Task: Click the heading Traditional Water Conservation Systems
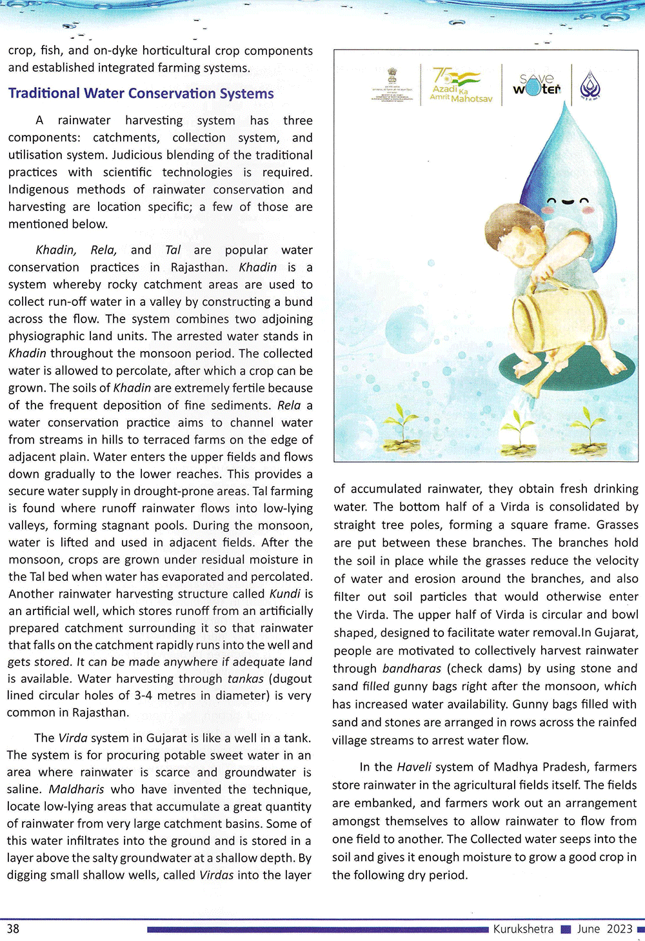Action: coord(141,94)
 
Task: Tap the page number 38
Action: coord(13,928)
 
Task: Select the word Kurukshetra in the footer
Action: coord(523,929)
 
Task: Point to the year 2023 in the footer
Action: coord(619,929)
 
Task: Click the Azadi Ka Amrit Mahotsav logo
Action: coord(460,85)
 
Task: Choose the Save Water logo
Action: coord(537,85)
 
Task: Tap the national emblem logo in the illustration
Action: coord(392,84)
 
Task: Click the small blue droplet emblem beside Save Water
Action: coord(590,85)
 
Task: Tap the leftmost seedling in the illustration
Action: coord(401,429)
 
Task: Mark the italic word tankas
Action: coord(245,679)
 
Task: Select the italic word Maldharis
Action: coord(76,789)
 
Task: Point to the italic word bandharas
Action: coord(412,669)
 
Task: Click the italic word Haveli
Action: coord(413,767)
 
